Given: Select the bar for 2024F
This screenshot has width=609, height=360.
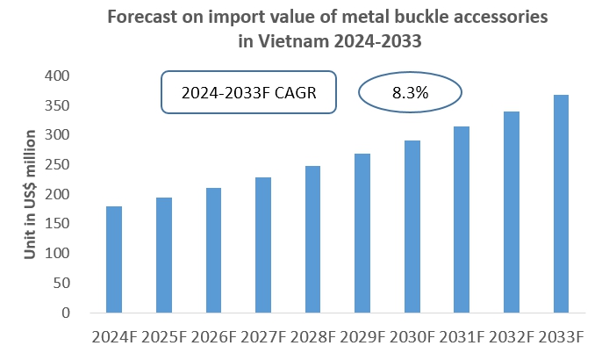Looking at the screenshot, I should pyautogui.click(x=114, y=260).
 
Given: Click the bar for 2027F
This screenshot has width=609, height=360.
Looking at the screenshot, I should pyautogui.click(x=263, y=245).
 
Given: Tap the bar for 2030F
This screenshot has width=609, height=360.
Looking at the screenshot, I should pyautogui.click(x=412, y=227).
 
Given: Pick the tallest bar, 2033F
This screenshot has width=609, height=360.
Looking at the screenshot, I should pyautogui.click(x=561, y=204).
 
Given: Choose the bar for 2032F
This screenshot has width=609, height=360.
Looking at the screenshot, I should pyautogui.click(x=512, y=212).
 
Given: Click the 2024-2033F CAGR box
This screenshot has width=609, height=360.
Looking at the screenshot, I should pyautogui.click(x=248, y=92).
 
